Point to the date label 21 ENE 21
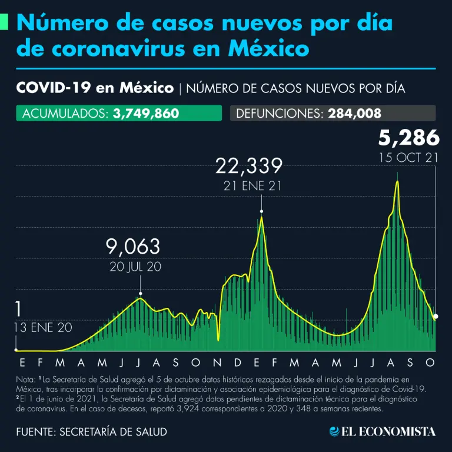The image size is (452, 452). coord(249,186)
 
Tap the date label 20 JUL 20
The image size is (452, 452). coord(135,267)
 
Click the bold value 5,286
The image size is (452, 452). coord(408,138)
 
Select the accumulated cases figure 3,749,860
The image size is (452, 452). coord(145,113)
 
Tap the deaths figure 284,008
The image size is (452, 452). coord(353,113)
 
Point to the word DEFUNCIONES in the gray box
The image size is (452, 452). coord(278,113)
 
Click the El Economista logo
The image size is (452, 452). coord(383,431)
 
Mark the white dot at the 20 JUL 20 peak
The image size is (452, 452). coord(141,293)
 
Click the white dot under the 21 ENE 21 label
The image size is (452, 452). coord(261,211)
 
